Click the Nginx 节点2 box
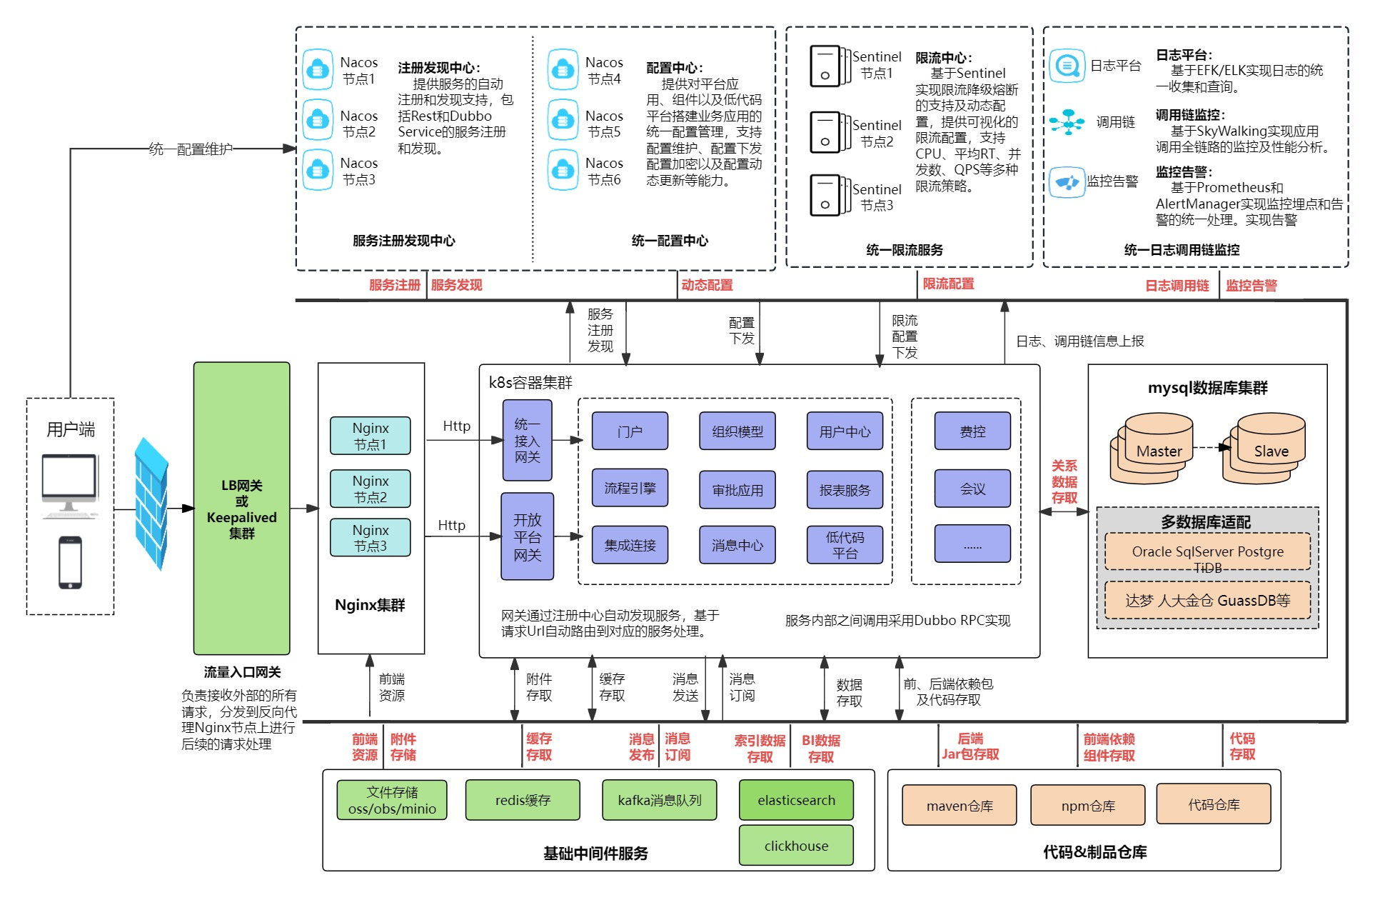point(370,489)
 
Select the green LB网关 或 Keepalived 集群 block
point(241,508)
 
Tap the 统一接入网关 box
point(527,440)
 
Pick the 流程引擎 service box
point(630,488)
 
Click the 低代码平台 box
point(845,545)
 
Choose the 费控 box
point(972,431)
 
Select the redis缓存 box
point(523,800)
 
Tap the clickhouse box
point(796,846)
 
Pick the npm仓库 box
point(1087,805)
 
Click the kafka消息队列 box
point(659,800)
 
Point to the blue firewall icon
point(151,503)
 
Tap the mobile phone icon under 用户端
point(70,563)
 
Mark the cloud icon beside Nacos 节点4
point(563,69)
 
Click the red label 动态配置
point(707,285)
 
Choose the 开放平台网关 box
point(527,536)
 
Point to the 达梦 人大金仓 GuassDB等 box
point(1207,600)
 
